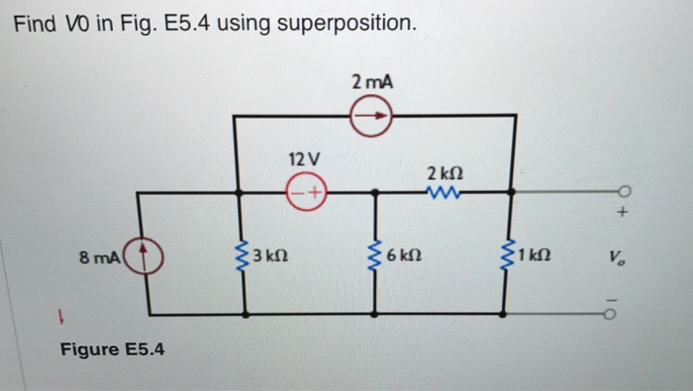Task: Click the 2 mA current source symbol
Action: point(373,118)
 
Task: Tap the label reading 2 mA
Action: point(372,84)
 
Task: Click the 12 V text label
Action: point(304,158)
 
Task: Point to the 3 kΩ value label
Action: point(269,259)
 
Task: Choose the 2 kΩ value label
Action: point(443,172)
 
